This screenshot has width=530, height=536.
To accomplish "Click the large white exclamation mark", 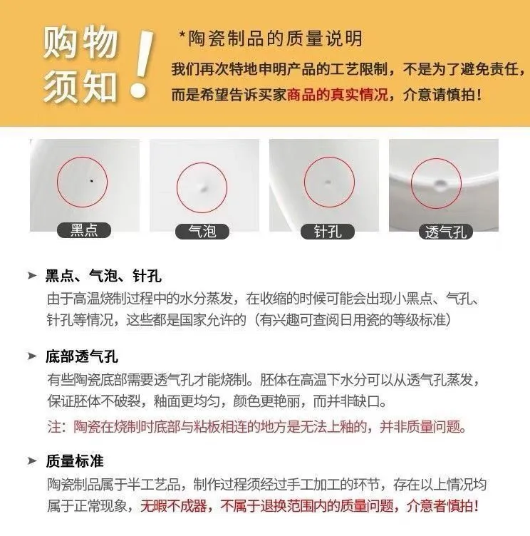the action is [x=142, y=63].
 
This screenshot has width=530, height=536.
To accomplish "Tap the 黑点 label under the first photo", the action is [x=84, y=230].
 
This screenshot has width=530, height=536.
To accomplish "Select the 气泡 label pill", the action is [x=202, y=232].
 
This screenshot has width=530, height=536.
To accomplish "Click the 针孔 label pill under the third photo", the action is [x=328, y=232].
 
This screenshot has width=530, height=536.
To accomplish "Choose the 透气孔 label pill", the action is [x=446, y=232].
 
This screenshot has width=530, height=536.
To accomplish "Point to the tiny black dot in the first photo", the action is [x=91, y=180].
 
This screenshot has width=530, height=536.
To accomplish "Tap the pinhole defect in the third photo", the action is [x=328, y=182].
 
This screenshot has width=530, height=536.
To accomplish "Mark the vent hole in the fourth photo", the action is [x=440, y=185].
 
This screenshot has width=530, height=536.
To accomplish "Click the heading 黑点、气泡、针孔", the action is [x=103, y=276].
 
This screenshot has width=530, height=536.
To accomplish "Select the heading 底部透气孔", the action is [x=82, y=357].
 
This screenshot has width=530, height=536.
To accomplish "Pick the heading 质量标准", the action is [x=75, y=461].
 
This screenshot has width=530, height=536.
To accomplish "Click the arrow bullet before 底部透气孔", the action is [x=32, y=356].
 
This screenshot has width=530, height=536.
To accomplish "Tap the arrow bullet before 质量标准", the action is [x=32, y=461].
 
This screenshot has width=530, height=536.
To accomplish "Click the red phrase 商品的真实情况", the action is [x=338, y=95].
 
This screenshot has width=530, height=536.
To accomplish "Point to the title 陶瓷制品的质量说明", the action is [x=275, y=38].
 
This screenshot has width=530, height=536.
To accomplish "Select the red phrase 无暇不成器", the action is [x=174, y=506].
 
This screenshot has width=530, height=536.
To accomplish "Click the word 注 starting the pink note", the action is [x=53, y=427].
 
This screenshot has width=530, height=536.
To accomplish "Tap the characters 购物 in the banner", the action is [x=80, y=43].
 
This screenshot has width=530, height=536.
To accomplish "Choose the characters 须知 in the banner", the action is [x=80, y=86].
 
